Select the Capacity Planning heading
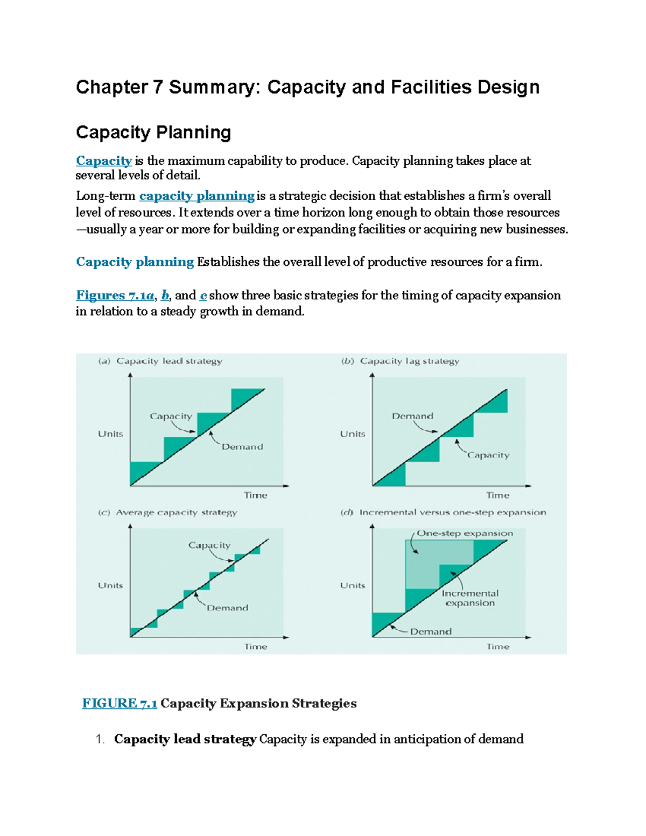pos(153,132)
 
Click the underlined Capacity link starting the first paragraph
pos(104,161)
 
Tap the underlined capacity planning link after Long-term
pos(196,196)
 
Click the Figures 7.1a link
pos(115,296)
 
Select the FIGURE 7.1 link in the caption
pos(120,704)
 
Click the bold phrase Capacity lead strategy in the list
pos(185,739)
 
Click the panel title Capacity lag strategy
pos(409,361)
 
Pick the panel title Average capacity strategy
pos(176,512)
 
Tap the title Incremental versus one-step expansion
pos(452,512)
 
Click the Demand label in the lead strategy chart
pos(242,447)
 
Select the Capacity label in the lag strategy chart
pos(488,455)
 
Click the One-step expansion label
pos(465,533)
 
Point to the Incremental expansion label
pos(470,598)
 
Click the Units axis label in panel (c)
pos(110,586)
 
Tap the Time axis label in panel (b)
pos(497,495)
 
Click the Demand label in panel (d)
pos(431,631)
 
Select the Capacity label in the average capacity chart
pos(209,545)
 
